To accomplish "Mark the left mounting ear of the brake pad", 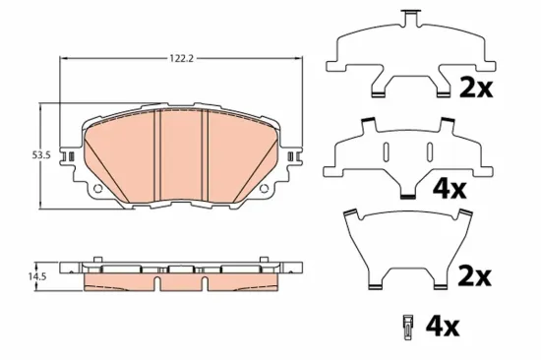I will [x=70, y=155].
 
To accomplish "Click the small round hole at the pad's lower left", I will [x=97, y=189].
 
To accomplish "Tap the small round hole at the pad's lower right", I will [x=263, y=189].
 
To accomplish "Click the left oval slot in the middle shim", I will [x=387, y=150].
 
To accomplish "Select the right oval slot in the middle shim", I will [x=428, y=150].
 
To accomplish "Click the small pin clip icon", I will [x=406, y=325].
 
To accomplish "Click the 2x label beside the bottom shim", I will [x=475, y=276].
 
